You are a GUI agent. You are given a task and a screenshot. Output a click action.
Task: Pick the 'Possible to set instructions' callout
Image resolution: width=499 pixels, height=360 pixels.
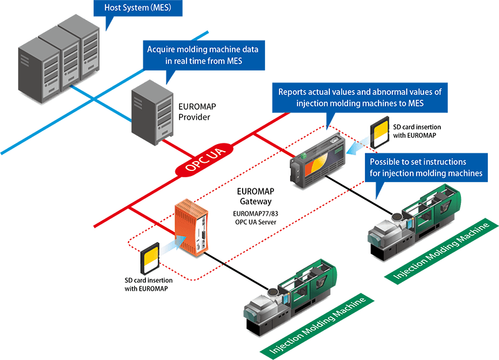coord(429,167)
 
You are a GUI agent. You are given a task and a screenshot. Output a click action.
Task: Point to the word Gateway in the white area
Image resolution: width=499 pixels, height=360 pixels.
coord(255,202)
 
